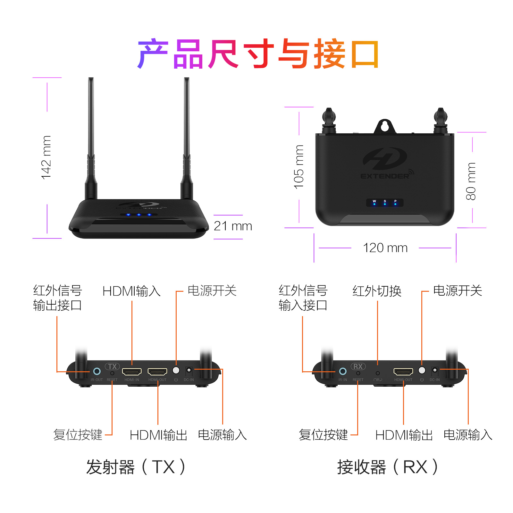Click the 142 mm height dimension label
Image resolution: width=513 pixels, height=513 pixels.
[x=46, y=157]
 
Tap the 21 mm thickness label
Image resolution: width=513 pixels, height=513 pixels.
[x=233, y=226]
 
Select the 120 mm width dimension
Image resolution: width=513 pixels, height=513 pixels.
[x=385, y=248]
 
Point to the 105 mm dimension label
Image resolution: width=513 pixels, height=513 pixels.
[x=299, y=167]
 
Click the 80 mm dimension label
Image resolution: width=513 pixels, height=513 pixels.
[x=471, y=181]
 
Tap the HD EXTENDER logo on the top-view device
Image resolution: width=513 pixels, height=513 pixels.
[x=386, y=164]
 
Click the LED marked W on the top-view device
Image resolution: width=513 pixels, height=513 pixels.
[x=374, y=204]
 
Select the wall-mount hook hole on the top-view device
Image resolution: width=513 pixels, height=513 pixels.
[x=385, y=126]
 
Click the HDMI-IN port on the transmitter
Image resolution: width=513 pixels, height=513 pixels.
[x=132, y=372]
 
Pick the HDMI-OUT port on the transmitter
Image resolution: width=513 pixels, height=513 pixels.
[x=157, y=372]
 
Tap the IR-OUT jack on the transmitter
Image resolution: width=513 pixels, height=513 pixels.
[x=97, y=371]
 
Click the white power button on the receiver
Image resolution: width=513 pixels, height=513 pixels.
[x=422, y=370]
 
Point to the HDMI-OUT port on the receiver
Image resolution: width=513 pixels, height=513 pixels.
[x=403, y=372]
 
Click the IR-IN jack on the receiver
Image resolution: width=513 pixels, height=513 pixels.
[x=343, y=371]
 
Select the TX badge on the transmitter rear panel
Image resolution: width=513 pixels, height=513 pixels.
[x=112, y=366]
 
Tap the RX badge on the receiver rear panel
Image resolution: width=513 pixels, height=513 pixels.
[x=358, y=366]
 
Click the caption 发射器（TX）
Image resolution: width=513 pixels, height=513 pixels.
[x=136, y=467]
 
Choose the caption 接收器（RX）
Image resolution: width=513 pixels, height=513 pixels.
[x=387, y=467]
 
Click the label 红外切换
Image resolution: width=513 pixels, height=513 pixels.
[x=377, y=291]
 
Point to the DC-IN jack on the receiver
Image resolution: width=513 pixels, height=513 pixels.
[x=435, y=370]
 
